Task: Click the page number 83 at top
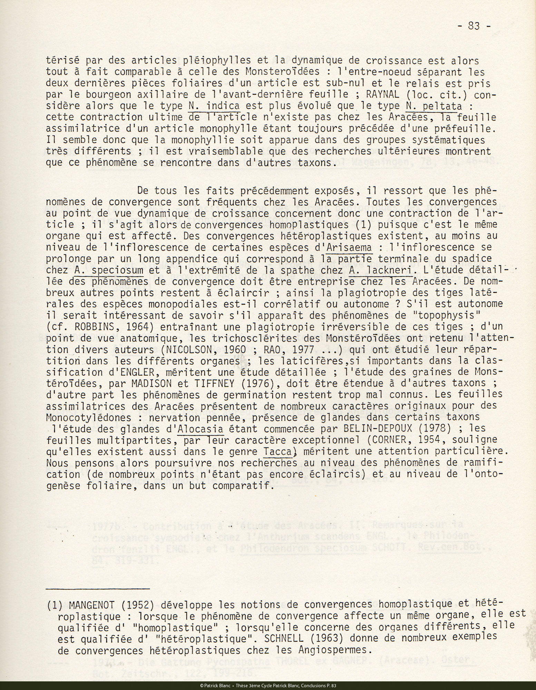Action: [x=473, y=26]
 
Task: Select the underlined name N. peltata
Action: [x=434, y=106]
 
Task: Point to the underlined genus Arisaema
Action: [x=350, y=247]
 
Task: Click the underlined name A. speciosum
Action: [x=109, y=270]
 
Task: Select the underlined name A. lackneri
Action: [x=381, y=270]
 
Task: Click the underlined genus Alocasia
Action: [x=200, y=429]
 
